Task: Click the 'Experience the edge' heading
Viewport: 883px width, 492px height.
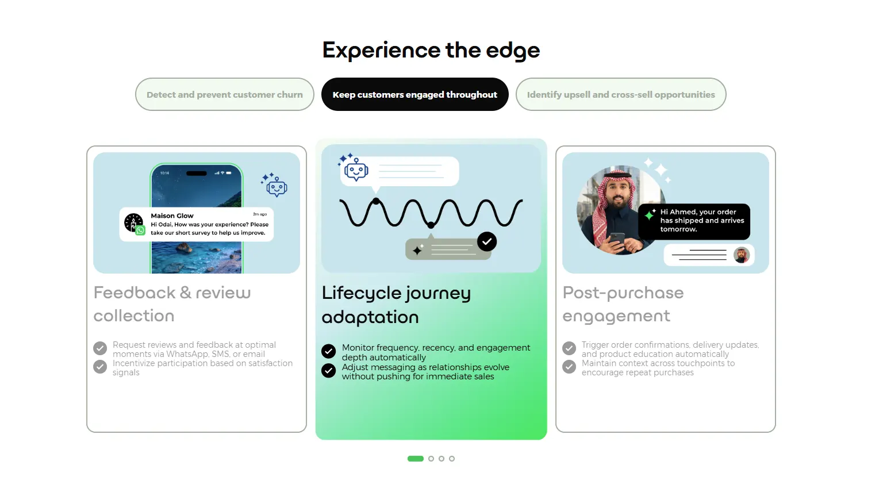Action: (x=431, y=51)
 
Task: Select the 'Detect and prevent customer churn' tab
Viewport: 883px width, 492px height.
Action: (x=225, y=95)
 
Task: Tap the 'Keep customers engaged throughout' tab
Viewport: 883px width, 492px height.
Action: (x=414, y=95)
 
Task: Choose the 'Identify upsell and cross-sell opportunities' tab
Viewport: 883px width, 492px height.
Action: (x=621, y=95)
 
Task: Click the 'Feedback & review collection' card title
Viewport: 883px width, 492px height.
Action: (x=172, y=304)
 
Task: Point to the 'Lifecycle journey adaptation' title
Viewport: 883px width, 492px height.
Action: (x=396, y=305)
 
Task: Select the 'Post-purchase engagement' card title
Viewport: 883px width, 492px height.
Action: (x=623, y=305)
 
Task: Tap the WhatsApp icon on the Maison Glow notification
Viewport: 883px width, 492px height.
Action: (x=140, y=230)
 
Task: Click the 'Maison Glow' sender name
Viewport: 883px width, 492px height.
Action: (x=172, y=216)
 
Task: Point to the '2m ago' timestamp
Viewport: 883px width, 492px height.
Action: (x=260, y=214)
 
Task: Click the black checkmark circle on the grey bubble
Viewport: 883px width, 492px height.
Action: (x=487, y=241)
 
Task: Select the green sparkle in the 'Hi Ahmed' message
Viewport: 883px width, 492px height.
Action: (x=650, y=215)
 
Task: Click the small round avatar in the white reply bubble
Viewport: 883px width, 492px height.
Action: (x=741, y=255)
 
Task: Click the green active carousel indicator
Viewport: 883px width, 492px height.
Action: (x=416, y=459)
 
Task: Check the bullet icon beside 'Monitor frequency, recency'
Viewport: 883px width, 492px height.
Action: (x=328, y=351)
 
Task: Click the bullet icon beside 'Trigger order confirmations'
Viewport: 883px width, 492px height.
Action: (x=569, y=348)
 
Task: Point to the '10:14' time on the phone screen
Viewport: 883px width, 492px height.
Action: (x=164, y=173)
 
